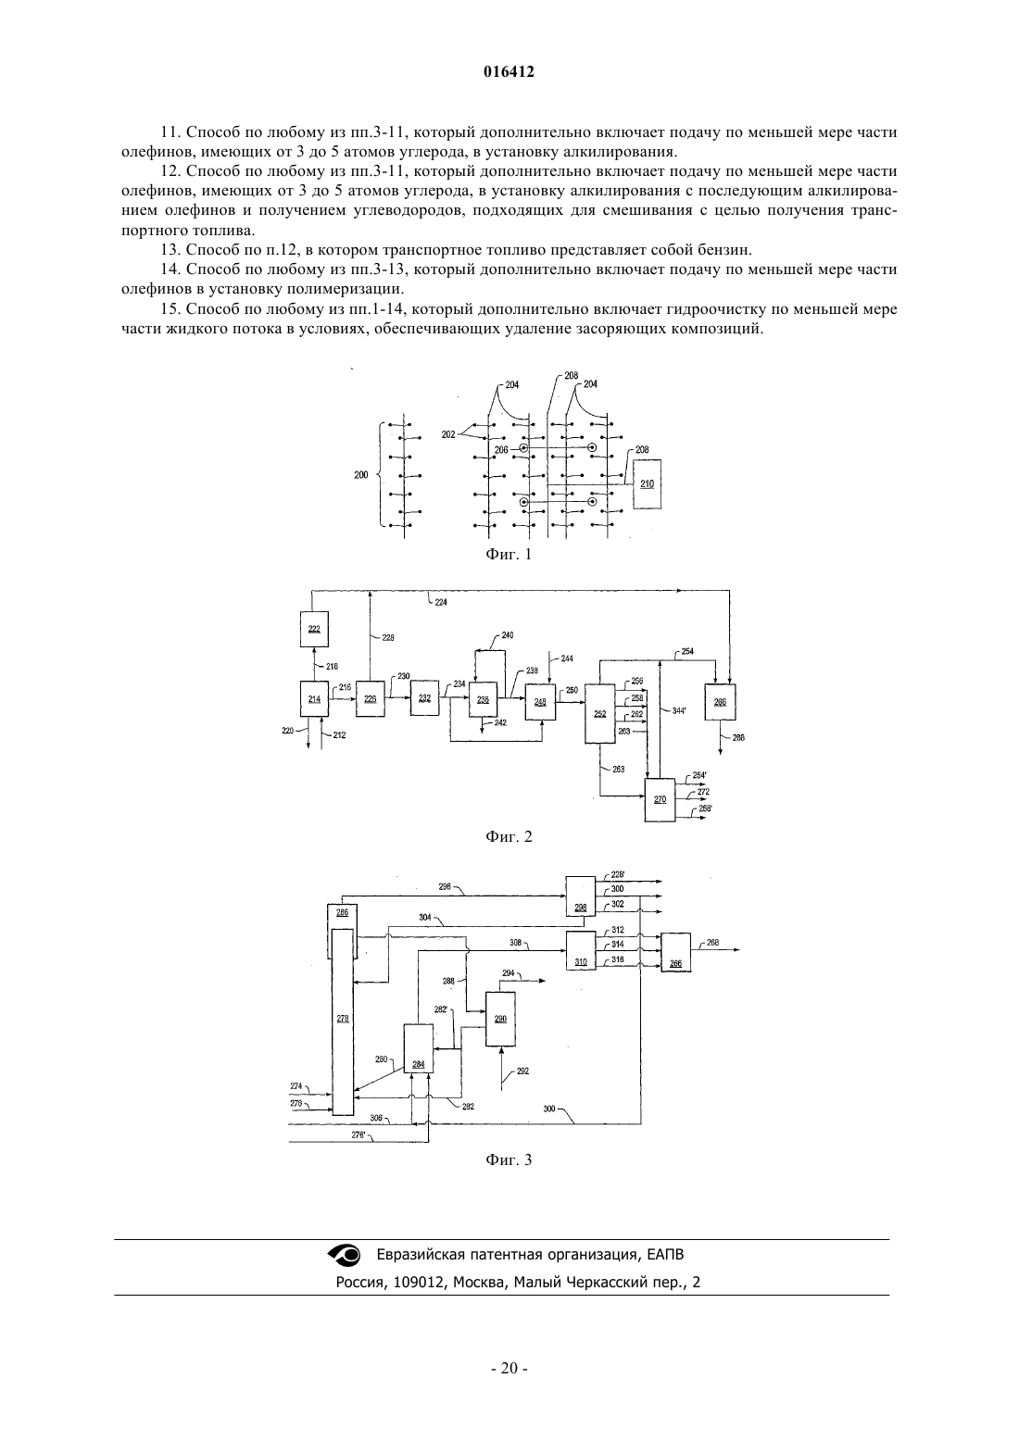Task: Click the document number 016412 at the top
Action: (x=509, y=72)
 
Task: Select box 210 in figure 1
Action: (x=648, y=484)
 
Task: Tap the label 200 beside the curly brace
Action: (x=361, y=475)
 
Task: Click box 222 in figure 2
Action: (x=314, y=629)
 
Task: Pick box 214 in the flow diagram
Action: (x=314, y=699)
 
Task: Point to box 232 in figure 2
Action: (x=424, y=698)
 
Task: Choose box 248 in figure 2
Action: (x=540, y=702)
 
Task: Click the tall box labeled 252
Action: (x=599, y=714)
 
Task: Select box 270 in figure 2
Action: (x=660, y=799)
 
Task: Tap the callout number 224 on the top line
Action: (x=441, y=603)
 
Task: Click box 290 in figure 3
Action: (x=500, y=1019)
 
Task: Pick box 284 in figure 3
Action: (x=418, y=1048)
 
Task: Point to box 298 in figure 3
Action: (x=580, y=896)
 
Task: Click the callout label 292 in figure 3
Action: (x=523, y=1071)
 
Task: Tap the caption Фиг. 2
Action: (x=509, y=837)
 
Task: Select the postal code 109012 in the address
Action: (x=419, y=1283)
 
